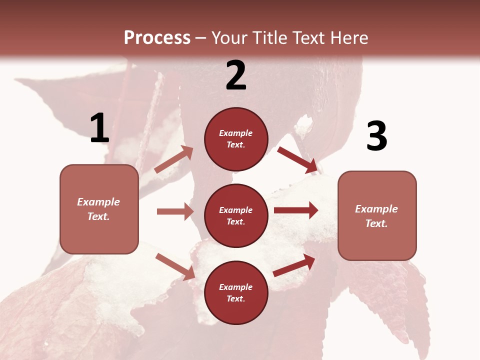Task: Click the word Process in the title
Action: [x=157, y=37]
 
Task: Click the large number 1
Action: [x=99, y=128]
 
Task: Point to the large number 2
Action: [x=236, y=75]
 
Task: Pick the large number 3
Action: [x=376, y=136]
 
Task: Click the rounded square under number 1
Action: [x=99, y=209]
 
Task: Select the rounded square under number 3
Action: [x=377, y=215]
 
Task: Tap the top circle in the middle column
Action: [x=236, y=139]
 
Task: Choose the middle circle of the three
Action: [x=236, y=216]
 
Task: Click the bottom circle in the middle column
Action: [x=236, y=293]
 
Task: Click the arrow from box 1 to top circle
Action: [x=174, y=159]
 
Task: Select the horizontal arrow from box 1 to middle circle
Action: [x=175, y=211]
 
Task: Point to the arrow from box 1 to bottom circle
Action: [x=175, y=266]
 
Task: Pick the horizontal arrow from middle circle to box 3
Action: [x=296, y=210]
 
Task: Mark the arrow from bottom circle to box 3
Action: [x=294, y=265]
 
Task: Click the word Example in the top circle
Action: [x=236, y=133]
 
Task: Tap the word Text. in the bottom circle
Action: [x=236, y=298]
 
